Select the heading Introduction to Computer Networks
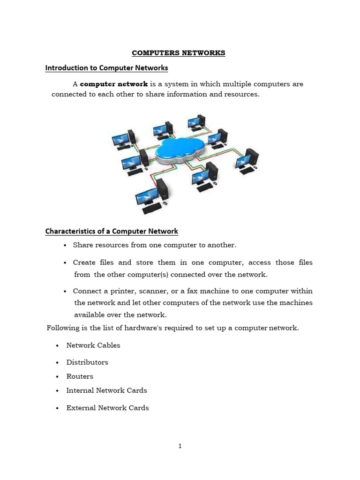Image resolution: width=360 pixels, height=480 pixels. (106, 68)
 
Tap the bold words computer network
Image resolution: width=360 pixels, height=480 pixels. (114, 84)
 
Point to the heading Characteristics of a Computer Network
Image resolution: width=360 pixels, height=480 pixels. (112, 231)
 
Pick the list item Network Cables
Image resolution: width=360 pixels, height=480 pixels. (93, 345)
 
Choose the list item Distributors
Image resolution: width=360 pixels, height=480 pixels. (87, 362)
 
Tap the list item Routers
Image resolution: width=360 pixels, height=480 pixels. (80, 376)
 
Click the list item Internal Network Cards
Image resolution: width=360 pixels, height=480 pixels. (106, 390)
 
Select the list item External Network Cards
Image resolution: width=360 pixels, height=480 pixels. (107, 408)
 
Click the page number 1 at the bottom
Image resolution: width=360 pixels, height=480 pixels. (180, 446)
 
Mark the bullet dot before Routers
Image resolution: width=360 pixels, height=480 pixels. (57, 377)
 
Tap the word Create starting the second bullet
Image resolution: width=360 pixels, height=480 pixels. (84, 262)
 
